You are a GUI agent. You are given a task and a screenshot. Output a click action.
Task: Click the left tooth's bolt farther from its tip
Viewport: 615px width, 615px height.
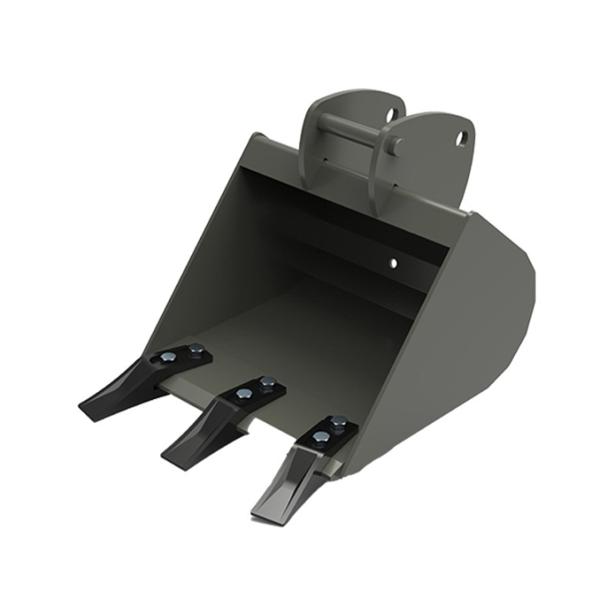tap(197, 348)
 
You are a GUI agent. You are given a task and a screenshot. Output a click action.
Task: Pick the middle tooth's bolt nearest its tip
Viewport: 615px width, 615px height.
tap(244, 393)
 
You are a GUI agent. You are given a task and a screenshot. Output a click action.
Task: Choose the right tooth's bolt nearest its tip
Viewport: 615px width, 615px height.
tap(321, 439)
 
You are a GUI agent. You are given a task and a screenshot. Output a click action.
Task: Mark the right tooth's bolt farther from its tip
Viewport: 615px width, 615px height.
tap(339, 421)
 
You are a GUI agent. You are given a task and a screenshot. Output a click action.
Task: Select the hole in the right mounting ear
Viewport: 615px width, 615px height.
tap(462, 137)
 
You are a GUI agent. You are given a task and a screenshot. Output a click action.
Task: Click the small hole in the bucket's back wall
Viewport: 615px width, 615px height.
tap(394, 262)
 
